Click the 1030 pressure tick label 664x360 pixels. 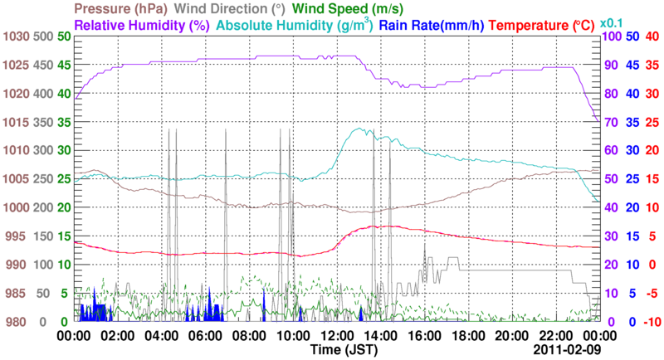[16, 36]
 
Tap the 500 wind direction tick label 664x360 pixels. [43, 36]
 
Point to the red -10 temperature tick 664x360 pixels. [651, 322]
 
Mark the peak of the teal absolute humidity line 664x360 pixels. [361, 129]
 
